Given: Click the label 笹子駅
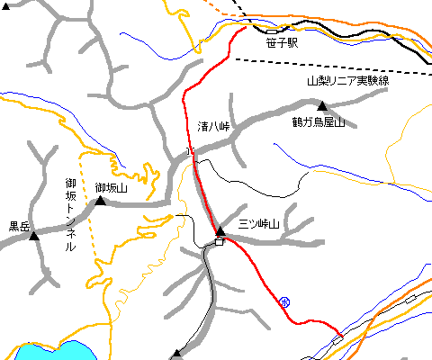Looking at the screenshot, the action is tap(282, 41).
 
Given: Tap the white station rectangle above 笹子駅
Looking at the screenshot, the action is tap(271, 31).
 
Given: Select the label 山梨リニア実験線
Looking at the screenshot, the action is tap(346, 80).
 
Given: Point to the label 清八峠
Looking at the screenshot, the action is tap(214, 127).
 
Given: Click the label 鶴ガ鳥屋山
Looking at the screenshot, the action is tap(318, 122).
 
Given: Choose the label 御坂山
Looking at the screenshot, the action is tap(112, 187).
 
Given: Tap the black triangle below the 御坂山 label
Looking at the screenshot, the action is tap(101, 201).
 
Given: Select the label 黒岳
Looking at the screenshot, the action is tap(20, 227).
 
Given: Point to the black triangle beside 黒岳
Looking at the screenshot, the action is tap(35, 236).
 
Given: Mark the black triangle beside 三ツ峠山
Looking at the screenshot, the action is tap(220, 231).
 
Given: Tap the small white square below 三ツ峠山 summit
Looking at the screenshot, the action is tap(219, 241).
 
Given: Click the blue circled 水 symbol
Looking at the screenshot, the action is tap(285, 301).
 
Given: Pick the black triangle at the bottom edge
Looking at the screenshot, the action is tap(176, 355).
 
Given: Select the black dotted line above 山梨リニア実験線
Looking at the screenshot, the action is tap(333, 66).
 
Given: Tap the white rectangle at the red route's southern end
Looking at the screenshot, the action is tap(338, 337).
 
